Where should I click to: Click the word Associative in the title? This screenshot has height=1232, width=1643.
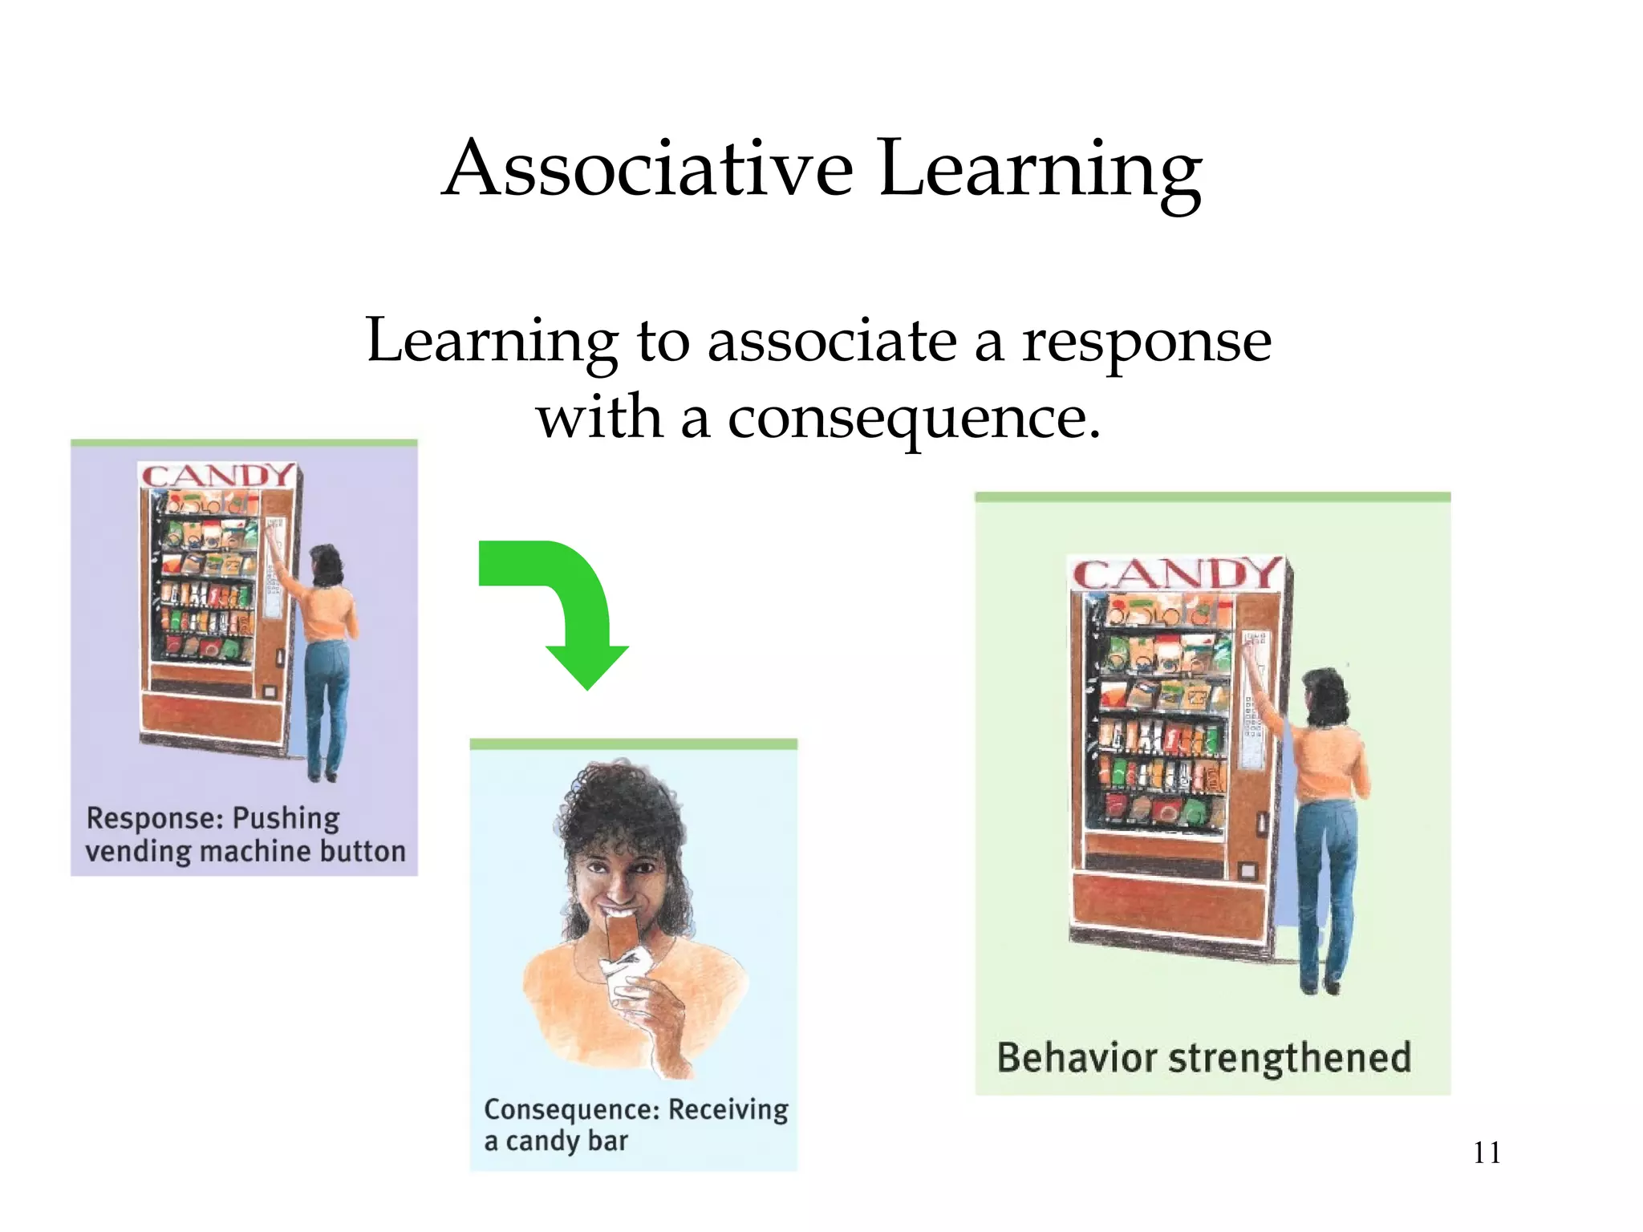pos(648,168)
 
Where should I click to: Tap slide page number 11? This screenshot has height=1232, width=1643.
pos(1487,1153)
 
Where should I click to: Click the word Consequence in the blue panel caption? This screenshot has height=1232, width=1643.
pos(572,1109)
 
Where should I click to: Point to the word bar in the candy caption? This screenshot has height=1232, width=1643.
pos(607,1141)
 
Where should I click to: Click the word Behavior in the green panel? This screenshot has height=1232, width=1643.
pos(1077,1057)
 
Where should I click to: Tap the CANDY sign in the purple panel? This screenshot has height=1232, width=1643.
pos(217,476)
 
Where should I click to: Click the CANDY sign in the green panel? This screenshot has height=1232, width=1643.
pos(1174,574)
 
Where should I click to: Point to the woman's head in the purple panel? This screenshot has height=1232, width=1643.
pos(327,563)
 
